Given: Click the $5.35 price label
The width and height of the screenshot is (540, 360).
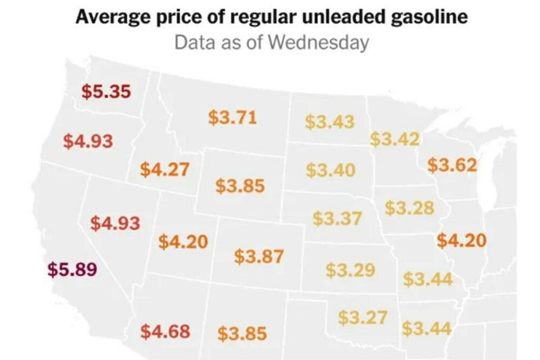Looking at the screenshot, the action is (x=106, y=91).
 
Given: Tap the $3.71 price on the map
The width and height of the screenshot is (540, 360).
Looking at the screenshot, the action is (x=232, y=117).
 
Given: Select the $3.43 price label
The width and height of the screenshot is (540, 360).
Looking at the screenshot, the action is (x=330, y=122).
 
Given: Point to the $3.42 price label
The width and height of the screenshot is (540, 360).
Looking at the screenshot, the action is (x=395, y=139).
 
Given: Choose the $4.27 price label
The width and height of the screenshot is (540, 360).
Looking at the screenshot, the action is (x=165, y=169).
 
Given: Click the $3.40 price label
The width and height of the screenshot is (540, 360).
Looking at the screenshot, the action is (x=331, y=170).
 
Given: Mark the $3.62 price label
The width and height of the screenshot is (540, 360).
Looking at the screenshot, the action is (x=452, y=165).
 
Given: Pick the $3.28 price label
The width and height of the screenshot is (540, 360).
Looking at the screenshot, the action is (x=410, y=208).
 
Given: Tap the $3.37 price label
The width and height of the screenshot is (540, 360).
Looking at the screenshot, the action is (x=337, y=218).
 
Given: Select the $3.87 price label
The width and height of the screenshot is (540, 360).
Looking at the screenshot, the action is (x=259, y=257).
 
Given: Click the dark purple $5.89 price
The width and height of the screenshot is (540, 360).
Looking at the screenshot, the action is (x=72, y=269).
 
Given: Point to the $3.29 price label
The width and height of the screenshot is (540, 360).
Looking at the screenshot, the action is (x=351, y=270).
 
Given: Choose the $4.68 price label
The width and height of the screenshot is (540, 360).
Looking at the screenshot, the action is (x=165, y=331).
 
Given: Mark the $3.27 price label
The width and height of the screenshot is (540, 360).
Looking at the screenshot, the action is (x=363, y=317).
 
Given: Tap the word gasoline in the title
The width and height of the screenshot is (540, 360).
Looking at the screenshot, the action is (x=429, y=17).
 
